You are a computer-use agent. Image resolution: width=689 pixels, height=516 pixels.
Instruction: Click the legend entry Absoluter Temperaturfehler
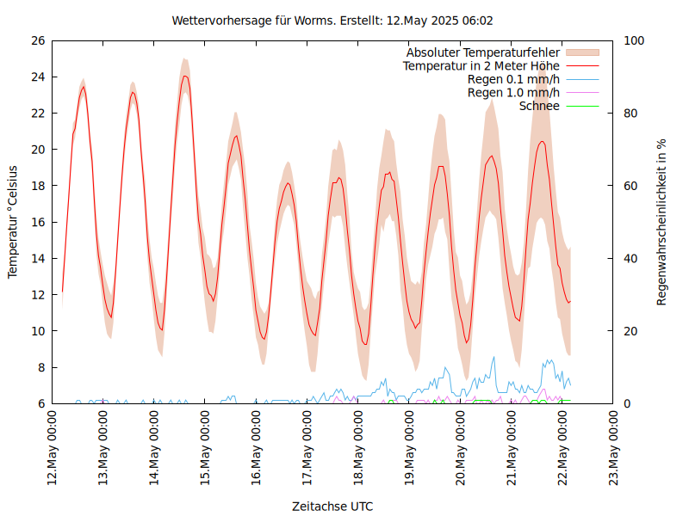[482, 52]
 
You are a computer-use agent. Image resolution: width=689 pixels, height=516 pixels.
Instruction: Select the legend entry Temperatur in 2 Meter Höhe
[481, 65]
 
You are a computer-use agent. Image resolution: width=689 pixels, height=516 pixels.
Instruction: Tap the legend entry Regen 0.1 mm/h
[513, 79]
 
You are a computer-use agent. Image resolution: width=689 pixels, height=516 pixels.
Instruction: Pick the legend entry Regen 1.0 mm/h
[513, 93]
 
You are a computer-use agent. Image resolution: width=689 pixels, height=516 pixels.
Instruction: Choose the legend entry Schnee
[539, 106]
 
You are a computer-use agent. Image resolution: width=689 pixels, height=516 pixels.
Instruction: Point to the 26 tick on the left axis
[37, 40]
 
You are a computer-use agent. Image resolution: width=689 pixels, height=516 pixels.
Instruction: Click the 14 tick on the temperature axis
[37, 258]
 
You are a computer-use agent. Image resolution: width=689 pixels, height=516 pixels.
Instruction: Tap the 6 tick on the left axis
[40, 403]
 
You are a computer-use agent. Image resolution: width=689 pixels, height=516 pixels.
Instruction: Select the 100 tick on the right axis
[634, 40]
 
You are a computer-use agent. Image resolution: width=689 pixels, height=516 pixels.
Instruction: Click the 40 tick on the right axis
[631, 258]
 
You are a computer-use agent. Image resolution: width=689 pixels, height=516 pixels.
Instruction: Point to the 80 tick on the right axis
[631, 113]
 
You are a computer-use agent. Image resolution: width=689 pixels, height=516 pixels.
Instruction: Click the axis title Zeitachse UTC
[332, 506]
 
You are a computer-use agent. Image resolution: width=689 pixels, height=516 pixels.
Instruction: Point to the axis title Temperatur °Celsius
[13, 222]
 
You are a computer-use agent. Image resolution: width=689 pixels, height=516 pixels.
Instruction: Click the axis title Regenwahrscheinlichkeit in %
[661, 222]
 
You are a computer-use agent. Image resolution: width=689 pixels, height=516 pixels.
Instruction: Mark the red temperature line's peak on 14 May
[184, 76]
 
